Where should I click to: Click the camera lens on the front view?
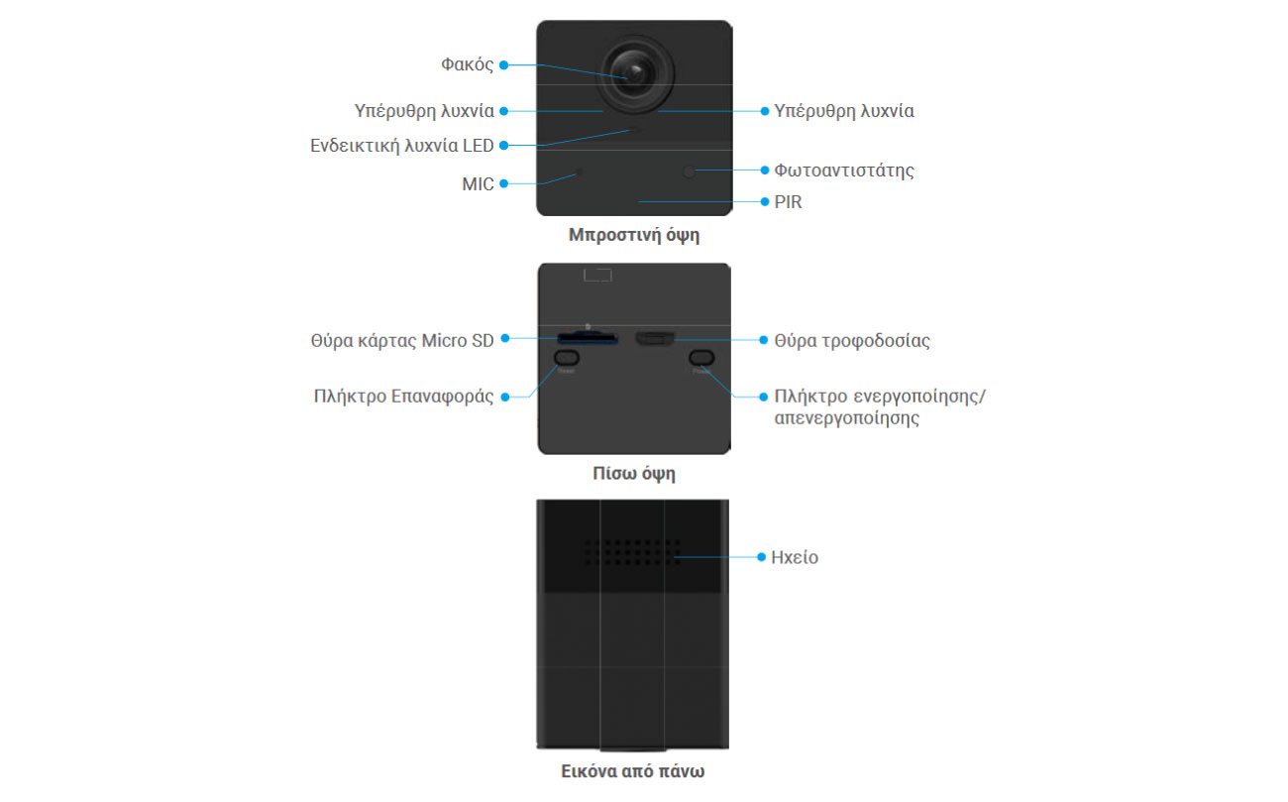[x=635, y=73]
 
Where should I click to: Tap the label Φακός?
[x=467, y=64]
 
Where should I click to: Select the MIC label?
[x=478, y=184]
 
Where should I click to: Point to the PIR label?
[x=788, y=202]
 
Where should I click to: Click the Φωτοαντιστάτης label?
[x=843, y=171]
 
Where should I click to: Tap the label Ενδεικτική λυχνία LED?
[x=402, y=146]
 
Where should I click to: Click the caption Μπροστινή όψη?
[x=634, y=235]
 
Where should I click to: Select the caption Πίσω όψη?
[x=634, y=473]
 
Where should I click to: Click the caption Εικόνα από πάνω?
[x=632, y=771]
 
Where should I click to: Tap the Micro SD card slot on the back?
[x=588, y=337]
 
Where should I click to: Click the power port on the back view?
[x=655, y=338]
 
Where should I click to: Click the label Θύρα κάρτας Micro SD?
[x=402, y=341]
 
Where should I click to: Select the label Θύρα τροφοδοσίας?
[x=852, y=341]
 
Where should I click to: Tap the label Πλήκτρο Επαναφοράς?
[x=403, y=397]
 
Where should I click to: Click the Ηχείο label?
[x=794, y=557]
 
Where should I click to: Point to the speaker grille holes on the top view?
[x=632, y=552]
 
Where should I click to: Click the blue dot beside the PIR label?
[x=765, y=202]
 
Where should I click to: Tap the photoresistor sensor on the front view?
[x=689, y=172]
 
